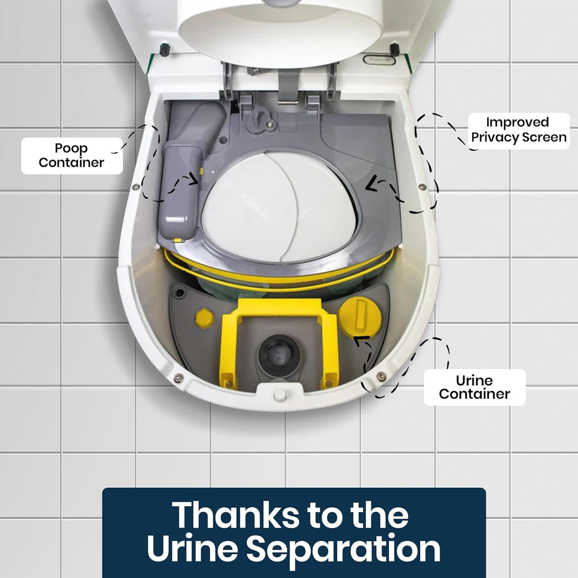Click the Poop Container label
pyautogui.click(x=72, y=156)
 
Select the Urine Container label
pyautogui.click(x=474, y=387)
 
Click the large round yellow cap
pyautogui.click(x=360, y=317)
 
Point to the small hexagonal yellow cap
pyautogui.click(x=204, y=318)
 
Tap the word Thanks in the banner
pyautogui.click(x=236, y=515)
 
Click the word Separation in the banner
pyautogui.click(x=344, y=549)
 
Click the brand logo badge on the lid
pyautogui.click(x=379, y=59)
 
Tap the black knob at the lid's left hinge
pyautogui.click(x=164, y=49)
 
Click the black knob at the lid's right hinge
pyautogui.click(x=394, y=49)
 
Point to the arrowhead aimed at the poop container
pyautogui.click(x=194, y=179)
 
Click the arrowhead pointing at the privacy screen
pyautogui.click(x=371, y=184)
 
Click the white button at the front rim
pyautogui.click(x=279, y=396)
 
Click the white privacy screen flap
pyautogui.click(x=279, y=207)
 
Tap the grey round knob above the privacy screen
pyautogui.click(x=258, y=120)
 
